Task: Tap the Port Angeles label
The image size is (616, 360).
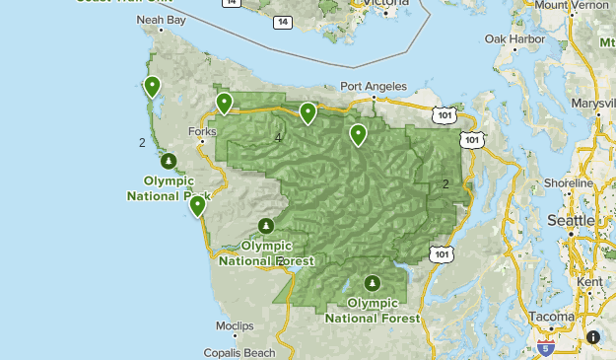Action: (373, 86)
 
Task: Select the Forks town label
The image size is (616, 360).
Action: (201, 131)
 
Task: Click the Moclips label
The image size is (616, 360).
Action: (235, 325)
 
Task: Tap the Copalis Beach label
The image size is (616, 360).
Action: (240, 352)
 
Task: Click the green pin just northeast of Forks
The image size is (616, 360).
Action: (225, 103)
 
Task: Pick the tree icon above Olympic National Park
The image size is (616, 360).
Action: (169, 161)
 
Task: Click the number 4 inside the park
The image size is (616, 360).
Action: (279, 138)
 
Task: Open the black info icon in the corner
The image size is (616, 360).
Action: (593, 337)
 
